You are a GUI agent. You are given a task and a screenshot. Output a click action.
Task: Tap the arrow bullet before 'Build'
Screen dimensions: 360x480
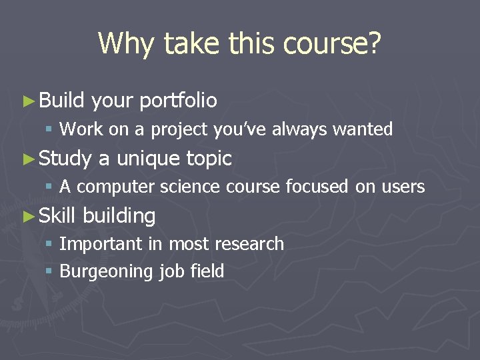pyautogui.click(x=27, y=101)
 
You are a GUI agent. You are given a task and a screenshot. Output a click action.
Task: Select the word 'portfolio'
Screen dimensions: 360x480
pyautogui.click(x=179, y=101)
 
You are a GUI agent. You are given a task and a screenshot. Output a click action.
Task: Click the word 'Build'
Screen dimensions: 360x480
pyautogui.click(x=61, y=100)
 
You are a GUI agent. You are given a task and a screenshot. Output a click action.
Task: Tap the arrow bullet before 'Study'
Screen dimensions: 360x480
pyautogui.click(x=27, y=159)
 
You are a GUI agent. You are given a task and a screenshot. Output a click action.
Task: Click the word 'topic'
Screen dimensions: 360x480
pyautogui.click(x=209, y=159)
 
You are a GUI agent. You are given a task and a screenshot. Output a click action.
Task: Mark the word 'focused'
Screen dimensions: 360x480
pyautogui.click(x=317, y=187)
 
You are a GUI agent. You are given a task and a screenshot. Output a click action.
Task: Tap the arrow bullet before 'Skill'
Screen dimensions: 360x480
pyautogui.click(x=27, y=216)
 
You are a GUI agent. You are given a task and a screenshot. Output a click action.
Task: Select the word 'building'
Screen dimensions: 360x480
pyautogui.click(x=119, y=216)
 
